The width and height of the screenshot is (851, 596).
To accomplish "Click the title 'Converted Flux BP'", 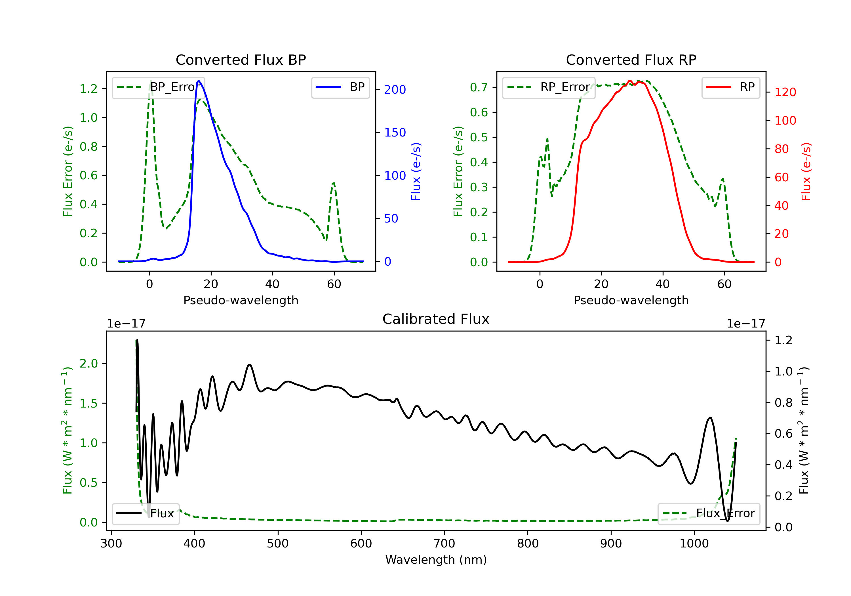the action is coord(241,60).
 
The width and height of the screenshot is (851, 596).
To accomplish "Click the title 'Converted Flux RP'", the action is coord(631,60).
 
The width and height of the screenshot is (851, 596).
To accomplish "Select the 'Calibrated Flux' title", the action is coord(436,319).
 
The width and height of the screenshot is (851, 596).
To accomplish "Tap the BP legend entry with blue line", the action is coord(340,87).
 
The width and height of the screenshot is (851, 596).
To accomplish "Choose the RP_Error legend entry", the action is coord(549,87).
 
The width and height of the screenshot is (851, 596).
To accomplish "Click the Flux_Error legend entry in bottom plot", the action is coord(709,513).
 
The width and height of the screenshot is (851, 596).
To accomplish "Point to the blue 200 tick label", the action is coord(395,89).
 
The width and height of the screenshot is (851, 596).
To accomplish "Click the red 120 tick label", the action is coord(785,92).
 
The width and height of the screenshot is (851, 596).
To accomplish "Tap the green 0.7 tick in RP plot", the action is coord(479,87).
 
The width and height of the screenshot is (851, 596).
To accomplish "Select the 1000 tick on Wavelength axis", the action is coord(694,544).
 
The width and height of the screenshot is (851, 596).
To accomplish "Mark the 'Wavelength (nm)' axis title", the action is coord(436,560).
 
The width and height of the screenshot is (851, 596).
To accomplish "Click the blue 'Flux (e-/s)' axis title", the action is coord(416,171).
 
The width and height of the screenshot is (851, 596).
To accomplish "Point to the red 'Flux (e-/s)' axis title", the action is coord(806,171).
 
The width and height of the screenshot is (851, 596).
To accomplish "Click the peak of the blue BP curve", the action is coord(199,81).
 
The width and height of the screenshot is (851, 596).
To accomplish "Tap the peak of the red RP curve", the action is coord(630,81).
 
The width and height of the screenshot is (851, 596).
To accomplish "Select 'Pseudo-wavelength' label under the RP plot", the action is coord(631,300).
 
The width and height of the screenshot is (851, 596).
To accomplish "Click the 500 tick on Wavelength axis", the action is coord(278,544).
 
